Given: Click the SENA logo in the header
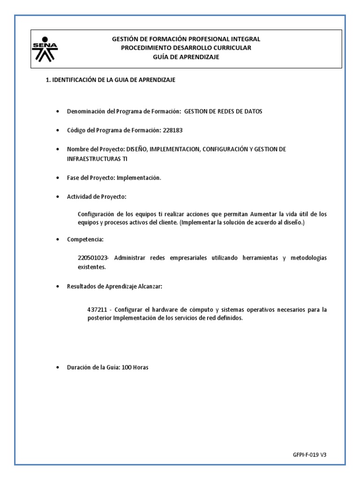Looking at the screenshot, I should [x=45, y=49].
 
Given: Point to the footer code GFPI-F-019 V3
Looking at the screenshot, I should [x=309, y=455].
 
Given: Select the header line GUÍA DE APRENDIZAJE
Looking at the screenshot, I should [x=186, y=57].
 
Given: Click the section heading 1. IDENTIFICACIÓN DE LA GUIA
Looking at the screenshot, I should [x=110, y=80].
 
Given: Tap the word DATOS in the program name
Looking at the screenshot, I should [x=252, y=111].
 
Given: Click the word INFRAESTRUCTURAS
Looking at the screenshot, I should [x=94, y=158].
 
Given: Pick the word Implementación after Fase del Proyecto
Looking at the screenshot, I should [x=139, y=178].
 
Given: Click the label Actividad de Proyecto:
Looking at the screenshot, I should [x=97, y=196].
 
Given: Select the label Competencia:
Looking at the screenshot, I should [x=85, y=239].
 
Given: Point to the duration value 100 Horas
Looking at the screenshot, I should [x=135, y=367].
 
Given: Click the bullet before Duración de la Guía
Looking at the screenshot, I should [x=57, y=367].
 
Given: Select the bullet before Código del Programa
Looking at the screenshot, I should [x=57, y=130].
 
